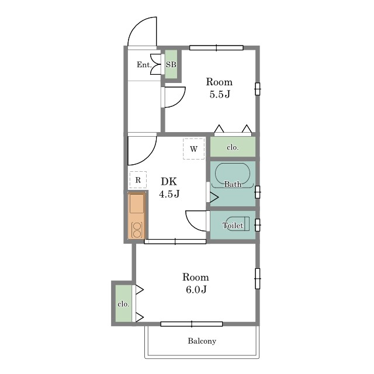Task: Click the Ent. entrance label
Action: [144, 65]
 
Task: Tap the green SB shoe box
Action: [171, 64]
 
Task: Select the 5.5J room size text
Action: [220, 95]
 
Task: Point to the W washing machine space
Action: [193, 148]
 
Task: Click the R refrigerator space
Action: [138, 180]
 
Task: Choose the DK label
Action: [169, 182]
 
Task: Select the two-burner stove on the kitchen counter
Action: [137, 230]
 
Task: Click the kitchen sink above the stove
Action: [137, 203]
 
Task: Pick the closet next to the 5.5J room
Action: [233, 147]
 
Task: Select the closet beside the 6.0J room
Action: [123, 303]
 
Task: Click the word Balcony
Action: [202, 341]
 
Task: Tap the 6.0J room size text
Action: [196, 290]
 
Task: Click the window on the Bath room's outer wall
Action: [258, 192]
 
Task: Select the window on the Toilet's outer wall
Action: [258, 225]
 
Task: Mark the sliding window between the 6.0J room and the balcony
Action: [192, 324]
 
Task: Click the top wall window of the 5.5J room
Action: [216, 48]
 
